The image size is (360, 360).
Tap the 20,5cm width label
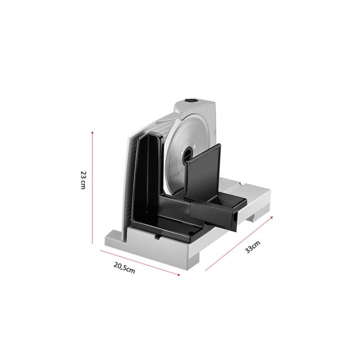[x=124, y=268]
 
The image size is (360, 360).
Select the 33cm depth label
[x=253, y=246]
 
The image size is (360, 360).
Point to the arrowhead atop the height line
[x=92, y=132]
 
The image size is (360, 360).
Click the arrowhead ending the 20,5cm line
[x=179, y=274]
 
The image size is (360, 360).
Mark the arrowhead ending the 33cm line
[x=272, y=217]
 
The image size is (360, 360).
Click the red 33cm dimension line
[x=239, y=244]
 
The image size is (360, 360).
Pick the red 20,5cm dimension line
[x=140, y=263]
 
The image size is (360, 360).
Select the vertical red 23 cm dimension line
[x=92, y=187]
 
